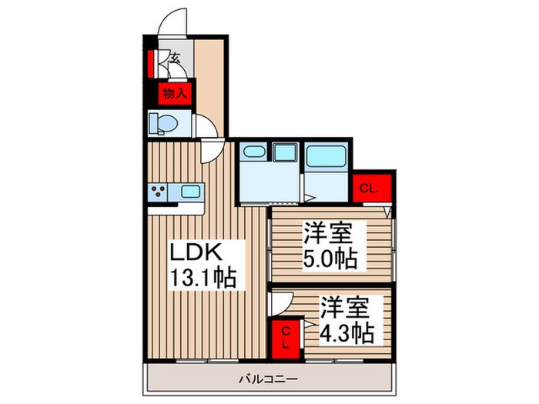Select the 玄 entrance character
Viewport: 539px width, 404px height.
[175, 58]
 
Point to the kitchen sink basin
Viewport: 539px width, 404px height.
[190, 192]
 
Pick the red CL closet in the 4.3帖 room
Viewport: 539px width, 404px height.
[284, 337]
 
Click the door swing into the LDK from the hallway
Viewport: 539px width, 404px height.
[210, 151]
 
